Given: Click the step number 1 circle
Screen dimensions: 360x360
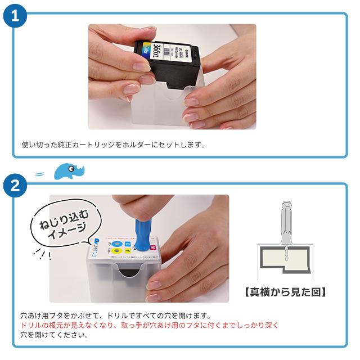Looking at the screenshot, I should tap(15, 15).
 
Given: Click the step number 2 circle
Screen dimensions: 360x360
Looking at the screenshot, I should tap(15, 186).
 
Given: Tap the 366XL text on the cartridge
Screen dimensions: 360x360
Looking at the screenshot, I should tap(159, 53).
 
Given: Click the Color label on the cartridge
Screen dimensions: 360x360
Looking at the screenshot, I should tap(146, 51).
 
